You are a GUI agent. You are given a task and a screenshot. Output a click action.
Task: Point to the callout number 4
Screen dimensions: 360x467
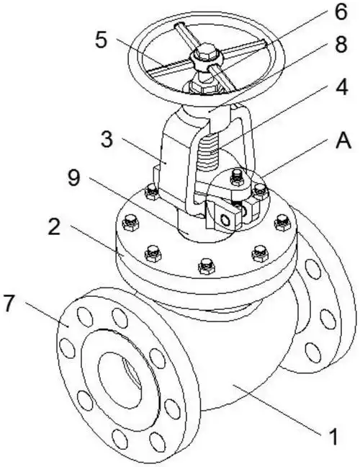pyautogui.click(x=341, y=87)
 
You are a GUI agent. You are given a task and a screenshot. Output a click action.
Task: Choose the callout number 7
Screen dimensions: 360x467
pyautogui.click(x=9, y=303)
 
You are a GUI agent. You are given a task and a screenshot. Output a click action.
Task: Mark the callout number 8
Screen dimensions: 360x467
pyautogui.click(x=341, y=44)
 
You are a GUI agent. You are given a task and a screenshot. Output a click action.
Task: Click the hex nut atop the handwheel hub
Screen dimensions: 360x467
pyautogui.click(x=205, y=53)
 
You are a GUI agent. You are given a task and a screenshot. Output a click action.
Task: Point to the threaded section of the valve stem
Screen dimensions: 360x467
pyautogui.click(x=208, y=151)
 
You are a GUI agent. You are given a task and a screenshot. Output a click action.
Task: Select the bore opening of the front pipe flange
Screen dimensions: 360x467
pyautogui.click(x=119, y=380)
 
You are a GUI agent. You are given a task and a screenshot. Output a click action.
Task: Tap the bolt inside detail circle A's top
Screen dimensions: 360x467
pyautogui.click(x=237, y=177)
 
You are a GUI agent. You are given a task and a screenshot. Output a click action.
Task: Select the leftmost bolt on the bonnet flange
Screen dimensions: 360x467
pyautogui.click(x=130, y=223)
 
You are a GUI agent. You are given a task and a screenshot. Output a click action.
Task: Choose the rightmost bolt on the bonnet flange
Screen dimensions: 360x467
pyautogui.click(x=283, y=223)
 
